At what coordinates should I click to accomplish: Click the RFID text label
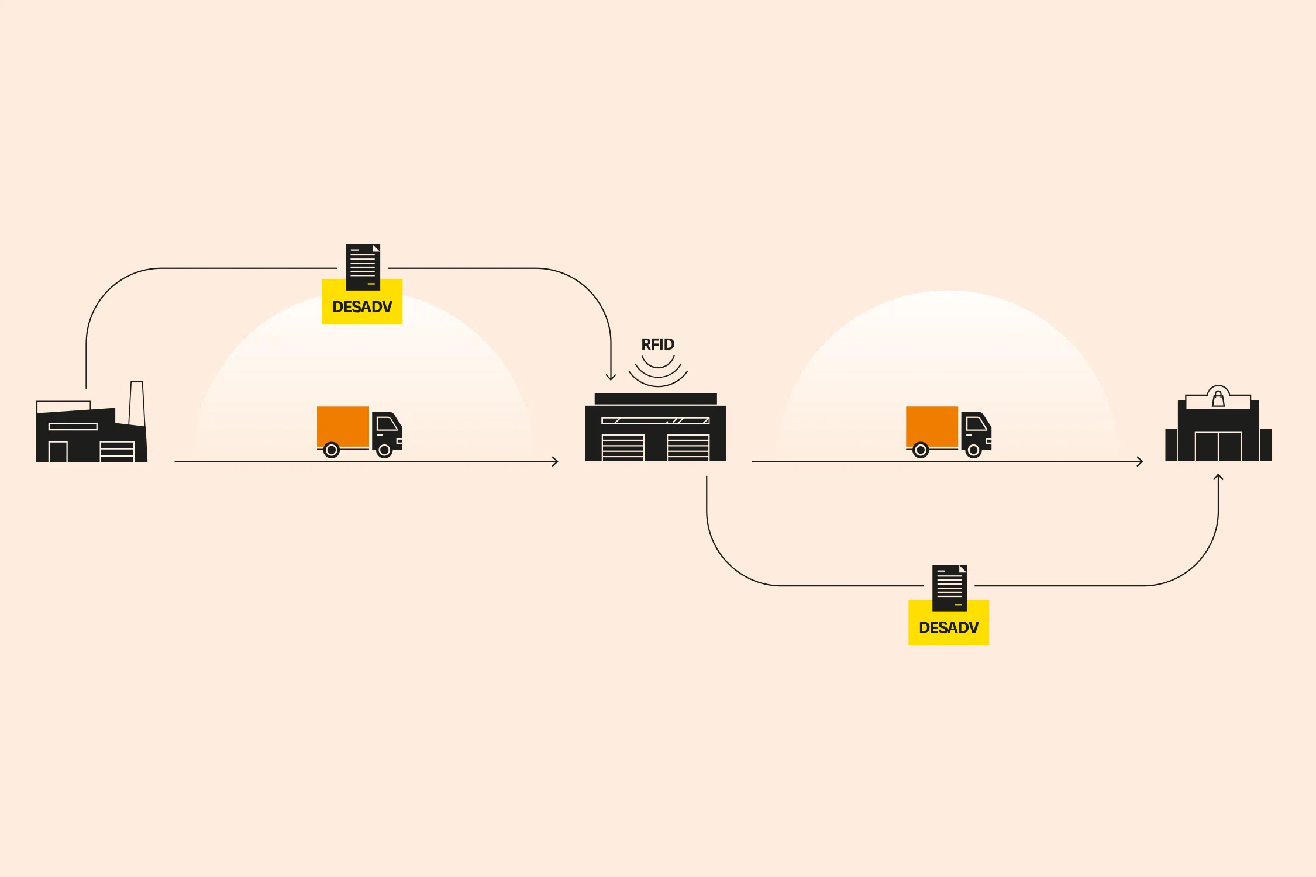(x=657, y=344)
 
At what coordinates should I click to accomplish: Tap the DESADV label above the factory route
(x=362, y=306)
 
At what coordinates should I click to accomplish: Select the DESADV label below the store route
(x=948, y=627)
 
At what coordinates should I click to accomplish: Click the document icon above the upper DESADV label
(x=363, y=267)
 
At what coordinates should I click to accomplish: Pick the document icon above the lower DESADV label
(x=949, y=588)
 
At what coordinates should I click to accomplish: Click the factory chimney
(x=136, y=403)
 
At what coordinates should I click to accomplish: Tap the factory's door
(x=57, y=451)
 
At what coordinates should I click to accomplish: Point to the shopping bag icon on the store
(x=1218, y=399)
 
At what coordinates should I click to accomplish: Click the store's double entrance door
(x=1218, y=447)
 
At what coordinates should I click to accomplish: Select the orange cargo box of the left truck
(x=343, y=426)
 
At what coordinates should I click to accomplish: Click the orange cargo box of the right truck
(x=932, y=426)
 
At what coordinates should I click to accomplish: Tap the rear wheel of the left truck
(x=332, y=450)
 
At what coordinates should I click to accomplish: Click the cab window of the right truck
(x=976, y=423)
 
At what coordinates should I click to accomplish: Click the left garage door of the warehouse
(x=623, y=447)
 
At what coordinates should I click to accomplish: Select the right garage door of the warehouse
(x=688, y=447)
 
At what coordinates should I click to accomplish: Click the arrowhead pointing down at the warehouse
(x=611, y=377)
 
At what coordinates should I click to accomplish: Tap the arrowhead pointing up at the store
(x=1218, y=478)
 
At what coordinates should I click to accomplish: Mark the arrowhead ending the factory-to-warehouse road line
(x=555, y=461)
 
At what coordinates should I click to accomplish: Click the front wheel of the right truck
(x=973, y=450)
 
